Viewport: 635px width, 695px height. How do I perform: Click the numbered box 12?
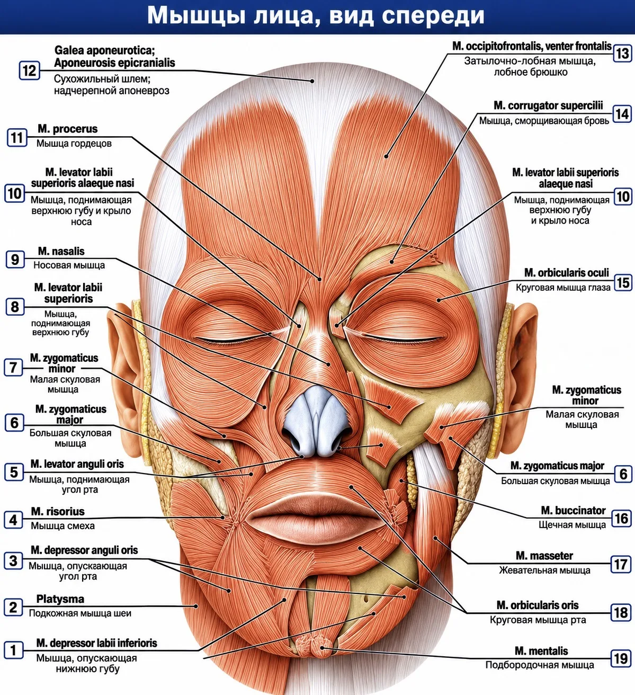(x=29, y=70)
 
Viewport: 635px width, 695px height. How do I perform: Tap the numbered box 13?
(x=622, y=54)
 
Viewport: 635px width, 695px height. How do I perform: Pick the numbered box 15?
(x=623, y=283)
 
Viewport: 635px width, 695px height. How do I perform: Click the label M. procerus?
(x=68, y=129)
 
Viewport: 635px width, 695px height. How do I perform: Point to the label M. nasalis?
(x=61, y=251)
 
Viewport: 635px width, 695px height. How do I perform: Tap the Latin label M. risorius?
(x=58, y=511)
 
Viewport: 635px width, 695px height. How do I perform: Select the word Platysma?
(x=60, y=599)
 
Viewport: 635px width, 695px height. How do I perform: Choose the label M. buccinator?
(x=573, y=510)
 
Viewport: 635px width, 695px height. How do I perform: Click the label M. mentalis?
(x=541, y=651)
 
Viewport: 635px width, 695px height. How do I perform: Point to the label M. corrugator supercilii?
(x=548, y=105)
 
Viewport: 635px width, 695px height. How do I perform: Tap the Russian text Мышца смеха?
(x=62, y=525)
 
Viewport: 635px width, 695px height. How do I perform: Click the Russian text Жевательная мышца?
(x=544, y=571)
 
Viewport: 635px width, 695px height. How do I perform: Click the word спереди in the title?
(x=433, y=16)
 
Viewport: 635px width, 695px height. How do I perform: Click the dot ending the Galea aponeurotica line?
(x=312, y=81)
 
